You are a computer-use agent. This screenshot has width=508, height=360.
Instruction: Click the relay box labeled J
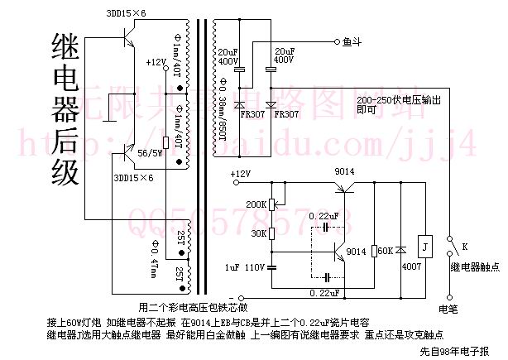click(x=423, y=246)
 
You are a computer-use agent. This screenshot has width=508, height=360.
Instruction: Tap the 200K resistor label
click(x=256, y=204)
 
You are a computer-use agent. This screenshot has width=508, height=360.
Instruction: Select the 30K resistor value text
click(x=259, y=233)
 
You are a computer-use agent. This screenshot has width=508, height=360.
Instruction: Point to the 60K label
click(x=383, y=250)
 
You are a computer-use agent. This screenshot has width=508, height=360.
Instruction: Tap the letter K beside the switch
click(x=465, y=247)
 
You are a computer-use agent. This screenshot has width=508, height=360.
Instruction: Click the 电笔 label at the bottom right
click(x=448, y=308)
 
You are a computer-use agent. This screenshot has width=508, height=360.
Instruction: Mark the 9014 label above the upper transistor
click(x=344, y=172)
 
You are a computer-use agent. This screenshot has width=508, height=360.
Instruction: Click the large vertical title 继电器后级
click(x=64, y=108)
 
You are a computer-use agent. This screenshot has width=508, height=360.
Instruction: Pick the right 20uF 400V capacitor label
click(x=284, y=55)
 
